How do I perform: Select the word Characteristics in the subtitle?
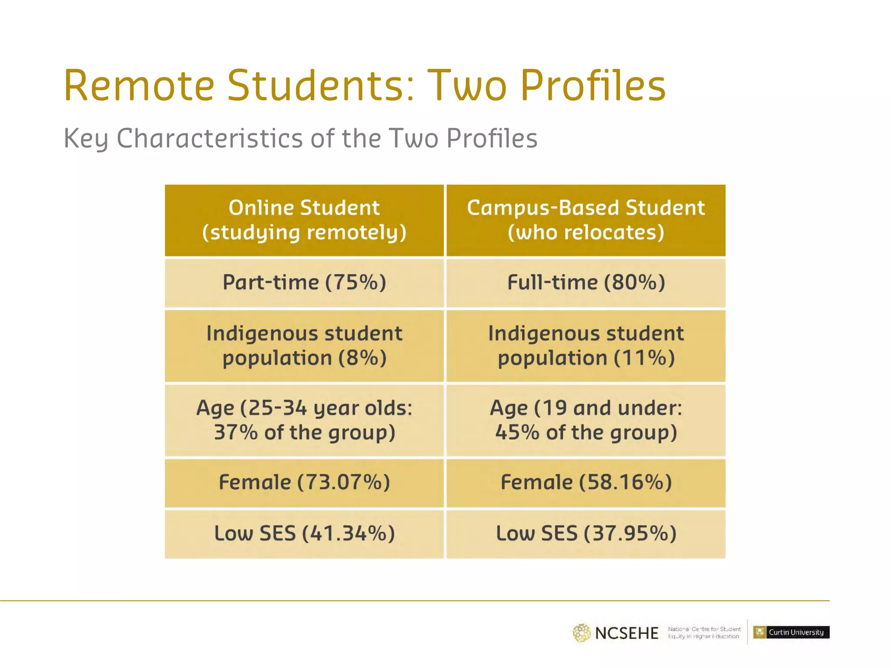[209, 138]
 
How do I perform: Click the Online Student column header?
[304, 220]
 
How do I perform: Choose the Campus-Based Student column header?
[586, 220]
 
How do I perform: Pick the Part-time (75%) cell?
[304, 283]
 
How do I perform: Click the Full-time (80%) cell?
[586, 283]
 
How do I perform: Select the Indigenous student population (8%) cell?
[304, 346]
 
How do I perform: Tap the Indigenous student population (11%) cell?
[586, 346]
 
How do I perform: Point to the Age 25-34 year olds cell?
[304, 420]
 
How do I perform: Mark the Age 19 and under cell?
[586, 420]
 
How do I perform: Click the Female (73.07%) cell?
[304, 483]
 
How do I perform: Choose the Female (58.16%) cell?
[586, 483]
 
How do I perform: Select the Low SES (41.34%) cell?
[304, 534]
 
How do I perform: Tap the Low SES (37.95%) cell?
[586, 534]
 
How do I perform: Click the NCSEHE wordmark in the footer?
[626, 633]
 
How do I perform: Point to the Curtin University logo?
[791, 632]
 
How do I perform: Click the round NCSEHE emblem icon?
[581, 633]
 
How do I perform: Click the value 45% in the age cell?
[517, 433]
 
